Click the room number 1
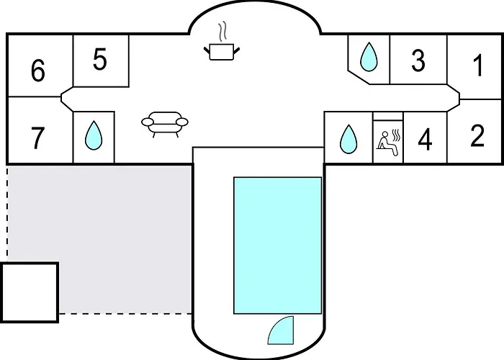click(x=479, y=66)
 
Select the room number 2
click(x=477, y=136)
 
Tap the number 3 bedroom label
click(x=418, y=60)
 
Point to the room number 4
click(x=425, y=140)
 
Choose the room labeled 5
click(x=99, y=59)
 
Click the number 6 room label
click(x=38, y=71)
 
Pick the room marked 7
click(x=37, y=138)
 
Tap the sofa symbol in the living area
click(x=165, y=125)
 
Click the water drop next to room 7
click(x=94, y=135)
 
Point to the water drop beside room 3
click(x=369, y=57)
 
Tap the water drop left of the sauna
click(x=348, y=139)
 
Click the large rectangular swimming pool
click(x=278, y=246)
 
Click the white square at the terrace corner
click(x=30, y=292)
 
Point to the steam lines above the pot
click(x=222, y=32)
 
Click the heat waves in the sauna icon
click(x=397, y=135)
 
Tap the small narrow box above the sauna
click(x=388, y=116)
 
